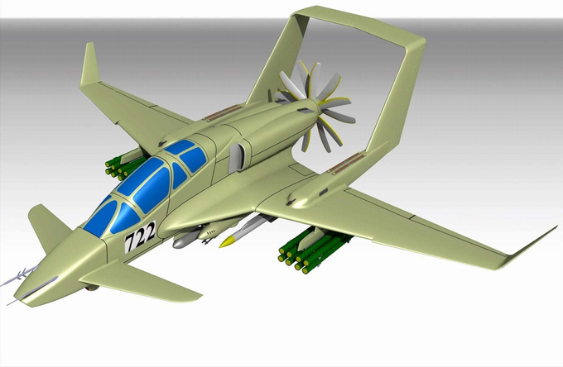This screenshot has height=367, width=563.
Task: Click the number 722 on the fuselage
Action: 141,236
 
